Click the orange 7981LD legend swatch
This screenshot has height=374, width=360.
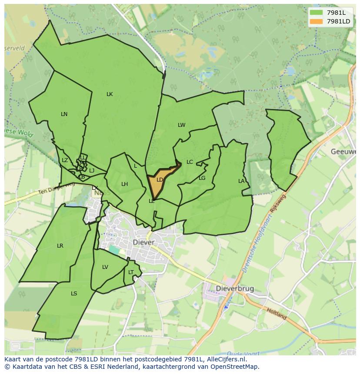317,21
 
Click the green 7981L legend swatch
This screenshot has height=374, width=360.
317,13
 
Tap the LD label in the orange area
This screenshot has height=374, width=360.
160,180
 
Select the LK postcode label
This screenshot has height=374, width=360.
110,94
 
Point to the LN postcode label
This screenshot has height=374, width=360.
64,114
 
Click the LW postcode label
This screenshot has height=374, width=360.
181,125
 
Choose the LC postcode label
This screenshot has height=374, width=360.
190,162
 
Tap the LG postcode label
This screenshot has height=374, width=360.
202,178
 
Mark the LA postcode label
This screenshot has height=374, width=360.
241,181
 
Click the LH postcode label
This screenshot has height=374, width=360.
124,184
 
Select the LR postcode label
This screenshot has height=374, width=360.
60,246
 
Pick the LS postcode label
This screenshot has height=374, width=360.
74,294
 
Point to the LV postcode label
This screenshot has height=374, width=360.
105,267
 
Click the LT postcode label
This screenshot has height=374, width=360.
131,272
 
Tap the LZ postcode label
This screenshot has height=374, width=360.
65,160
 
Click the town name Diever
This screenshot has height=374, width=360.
143,242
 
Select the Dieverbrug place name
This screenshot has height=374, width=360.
235,289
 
